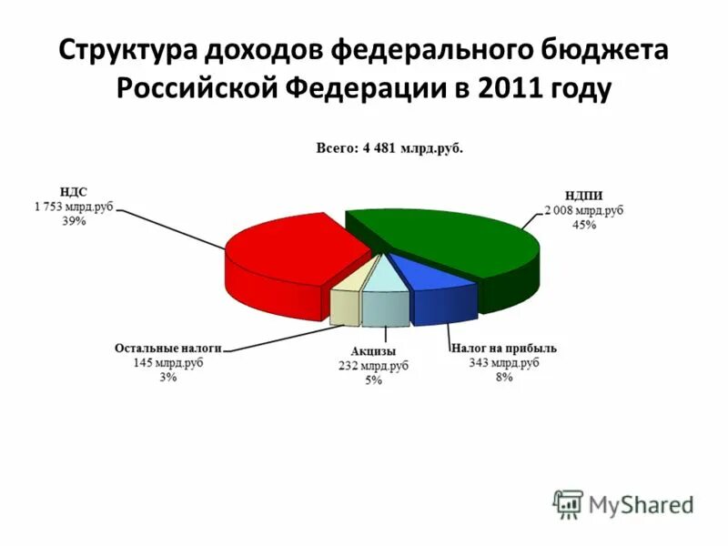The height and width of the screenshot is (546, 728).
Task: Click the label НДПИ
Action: (x=583, y=195)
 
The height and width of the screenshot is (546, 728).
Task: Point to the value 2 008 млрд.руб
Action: (x=583, y=209)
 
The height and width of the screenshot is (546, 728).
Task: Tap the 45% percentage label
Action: (x=583, y=225)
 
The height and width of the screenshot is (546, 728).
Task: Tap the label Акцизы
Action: (x=373, y=351)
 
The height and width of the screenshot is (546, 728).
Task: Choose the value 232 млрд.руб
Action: (x=373, y=366)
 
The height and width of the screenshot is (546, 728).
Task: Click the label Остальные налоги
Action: (x=168, y=348)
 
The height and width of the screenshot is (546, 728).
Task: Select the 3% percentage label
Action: (x=168, y=378)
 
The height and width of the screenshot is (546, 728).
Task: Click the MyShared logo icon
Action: (x=569, y=503)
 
